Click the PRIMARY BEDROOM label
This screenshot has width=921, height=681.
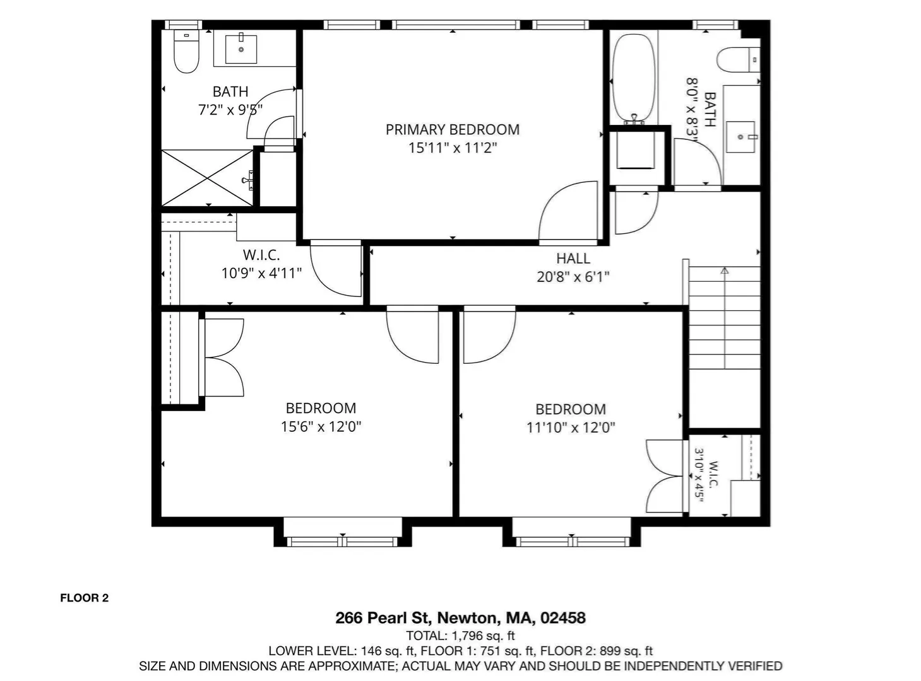[x=452, y=130]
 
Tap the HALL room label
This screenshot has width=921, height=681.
[x=573, y=259]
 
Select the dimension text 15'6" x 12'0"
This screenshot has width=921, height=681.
[x=321, y=427]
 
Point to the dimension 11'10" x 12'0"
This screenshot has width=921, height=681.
[x=571, y=428]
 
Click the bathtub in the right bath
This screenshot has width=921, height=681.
[x=634, y=78]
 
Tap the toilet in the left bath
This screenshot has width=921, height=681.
[x=186, y=51]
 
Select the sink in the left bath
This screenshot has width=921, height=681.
[x=241, y=49]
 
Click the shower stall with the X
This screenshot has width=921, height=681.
[x=207, y=178]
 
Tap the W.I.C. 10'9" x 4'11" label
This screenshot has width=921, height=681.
[x=261, y=264]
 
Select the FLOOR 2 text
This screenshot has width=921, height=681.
[x=85, y=598]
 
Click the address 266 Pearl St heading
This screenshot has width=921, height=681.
[x=460, y=617]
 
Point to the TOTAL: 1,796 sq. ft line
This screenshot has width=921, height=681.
[x=460, y=636]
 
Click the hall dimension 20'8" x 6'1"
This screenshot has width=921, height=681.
[x=573, y=277]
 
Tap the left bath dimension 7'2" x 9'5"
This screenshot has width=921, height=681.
[x=230, y=110]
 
